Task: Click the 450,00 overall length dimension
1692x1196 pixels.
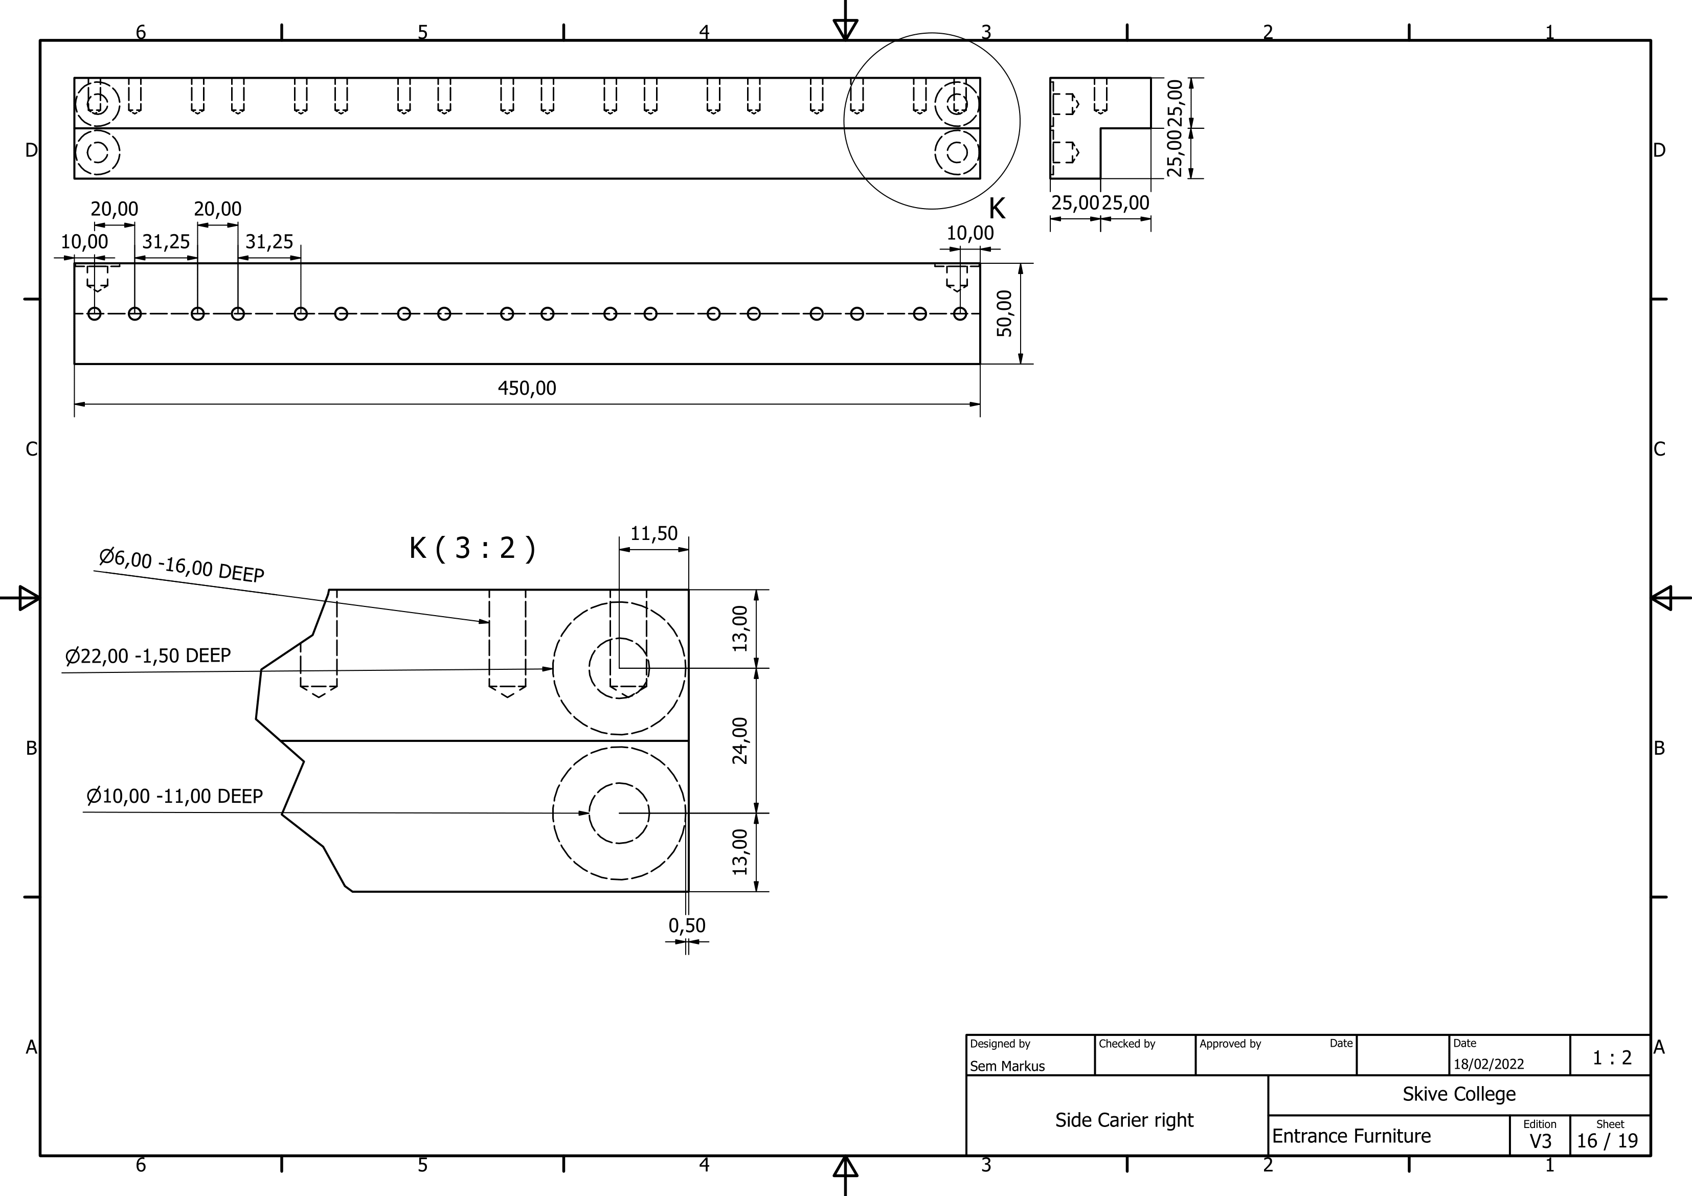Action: [x=527, y=388]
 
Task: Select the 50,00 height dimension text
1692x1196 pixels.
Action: [x=1004, y=313]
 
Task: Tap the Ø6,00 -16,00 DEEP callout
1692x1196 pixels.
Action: [x=182, y=565]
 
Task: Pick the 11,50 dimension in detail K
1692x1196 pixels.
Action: [x=653, y=533]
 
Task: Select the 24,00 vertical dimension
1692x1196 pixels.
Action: [x=740, y=740]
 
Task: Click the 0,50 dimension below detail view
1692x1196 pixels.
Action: [x=687, y=926]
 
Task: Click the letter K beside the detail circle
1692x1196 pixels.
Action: [x=997, y=209]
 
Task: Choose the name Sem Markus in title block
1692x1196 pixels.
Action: [x=1007, y=1066]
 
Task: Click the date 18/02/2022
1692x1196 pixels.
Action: [x=1488, y=1064]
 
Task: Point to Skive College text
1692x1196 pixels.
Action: [x=1458, y=1094]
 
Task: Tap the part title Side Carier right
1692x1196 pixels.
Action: [x=1124, y=1120]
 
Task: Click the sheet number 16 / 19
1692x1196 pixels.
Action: [x=1607, y=1141]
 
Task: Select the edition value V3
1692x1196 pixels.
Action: [x=1540, y=1141]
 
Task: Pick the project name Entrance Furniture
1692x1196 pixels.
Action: [x=1351, y=1136]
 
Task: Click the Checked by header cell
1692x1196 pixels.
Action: [x=1127, y=1044]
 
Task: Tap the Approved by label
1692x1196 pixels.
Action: [x=1230, y=1044]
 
